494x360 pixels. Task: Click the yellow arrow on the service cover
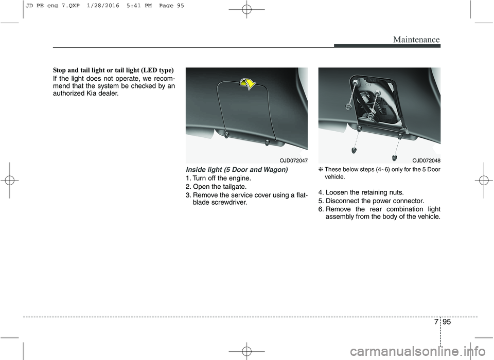click(249, 84)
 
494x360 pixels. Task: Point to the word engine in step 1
click(236, 178)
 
